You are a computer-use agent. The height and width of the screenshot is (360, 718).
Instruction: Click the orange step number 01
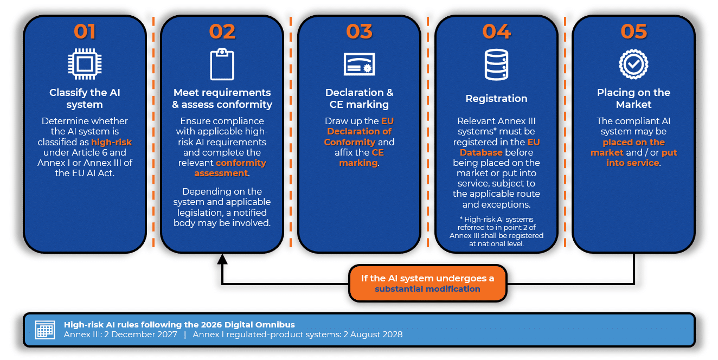85,32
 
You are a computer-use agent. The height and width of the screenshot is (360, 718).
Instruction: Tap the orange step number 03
359,32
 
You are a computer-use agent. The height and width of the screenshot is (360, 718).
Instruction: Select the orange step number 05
634,32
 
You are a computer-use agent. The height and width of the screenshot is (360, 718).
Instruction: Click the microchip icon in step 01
85,64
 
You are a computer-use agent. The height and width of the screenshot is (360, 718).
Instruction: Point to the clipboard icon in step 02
222,64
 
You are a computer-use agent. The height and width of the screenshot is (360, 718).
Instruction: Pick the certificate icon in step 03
359,64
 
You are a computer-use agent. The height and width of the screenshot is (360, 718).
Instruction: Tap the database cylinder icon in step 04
496,65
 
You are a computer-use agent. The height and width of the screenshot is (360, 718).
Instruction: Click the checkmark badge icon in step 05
633,64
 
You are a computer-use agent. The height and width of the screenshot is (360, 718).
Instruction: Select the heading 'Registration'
496,99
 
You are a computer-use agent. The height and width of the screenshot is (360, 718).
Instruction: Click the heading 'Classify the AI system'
85,99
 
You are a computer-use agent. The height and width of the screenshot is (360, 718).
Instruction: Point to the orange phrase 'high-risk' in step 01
111,142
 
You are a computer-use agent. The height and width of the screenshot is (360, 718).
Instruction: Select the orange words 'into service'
632,163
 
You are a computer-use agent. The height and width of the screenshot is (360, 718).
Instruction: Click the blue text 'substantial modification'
427,289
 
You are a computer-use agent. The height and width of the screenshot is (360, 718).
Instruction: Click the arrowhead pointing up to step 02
222,259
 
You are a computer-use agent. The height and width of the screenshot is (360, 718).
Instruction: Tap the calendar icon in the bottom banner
45,329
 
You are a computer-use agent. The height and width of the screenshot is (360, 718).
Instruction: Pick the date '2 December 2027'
140,335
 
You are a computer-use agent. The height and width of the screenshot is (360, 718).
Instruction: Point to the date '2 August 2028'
373,335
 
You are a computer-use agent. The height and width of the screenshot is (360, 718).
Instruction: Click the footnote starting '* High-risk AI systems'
496,232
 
